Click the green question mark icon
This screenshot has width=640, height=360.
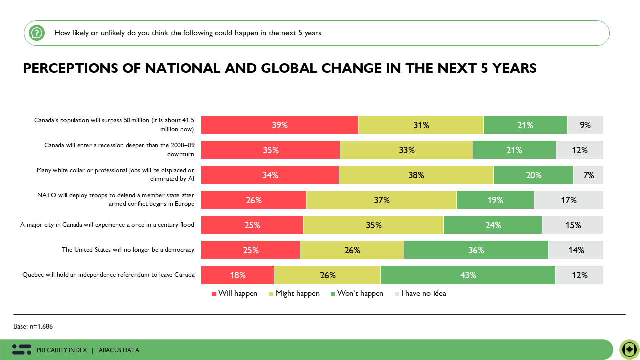click(x=36, y=33)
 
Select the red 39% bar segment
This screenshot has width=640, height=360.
click(x=280, y=125)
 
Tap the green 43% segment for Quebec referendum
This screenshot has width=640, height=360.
click(x=468, y=275)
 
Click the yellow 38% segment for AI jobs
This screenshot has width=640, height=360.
click(x=416, y=175)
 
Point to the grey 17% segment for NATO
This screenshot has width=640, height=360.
click(x=568, y=200)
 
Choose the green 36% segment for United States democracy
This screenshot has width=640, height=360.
click(x=476, y=250)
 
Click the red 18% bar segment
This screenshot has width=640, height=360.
click(x=238, y=275)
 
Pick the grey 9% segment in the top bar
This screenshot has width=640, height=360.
click(x=585, y=125)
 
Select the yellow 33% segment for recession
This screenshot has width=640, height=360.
click(x=406, y=150)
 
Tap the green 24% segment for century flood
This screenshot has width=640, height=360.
click(x=493, y=225)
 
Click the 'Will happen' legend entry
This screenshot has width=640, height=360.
click(x=234, y=293)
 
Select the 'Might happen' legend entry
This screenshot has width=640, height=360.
click(x=294, y=293)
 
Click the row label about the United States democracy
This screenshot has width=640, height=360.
click(x=128, y=250)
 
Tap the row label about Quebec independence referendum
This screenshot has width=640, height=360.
click(x=108, y=275)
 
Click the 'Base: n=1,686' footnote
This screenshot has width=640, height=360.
click(x=33, y=326)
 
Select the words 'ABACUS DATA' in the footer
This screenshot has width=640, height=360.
click(x=119, y=350)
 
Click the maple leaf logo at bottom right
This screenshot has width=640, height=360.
click(x=629, y=349)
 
